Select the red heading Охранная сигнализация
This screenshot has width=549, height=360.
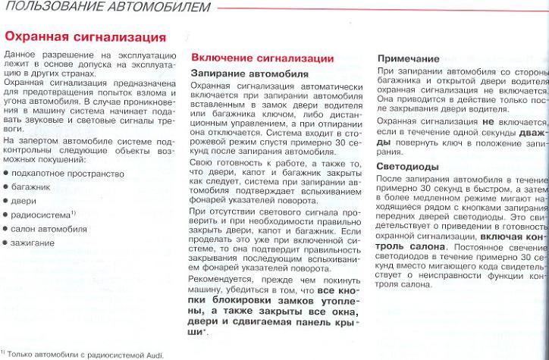pyautogui.click(x=86, y=37)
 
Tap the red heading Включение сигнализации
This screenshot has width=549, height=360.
pyautogui.click(x=262, y=58)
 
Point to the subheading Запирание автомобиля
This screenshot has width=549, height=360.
pyautogui.click(x=249, y=74)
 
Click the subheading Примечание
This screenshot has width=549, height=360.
pyautogui.click(x=408, y=58)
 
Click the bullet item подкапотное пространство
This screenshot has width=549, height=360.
pyautogui.click(x=67, y=174)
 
